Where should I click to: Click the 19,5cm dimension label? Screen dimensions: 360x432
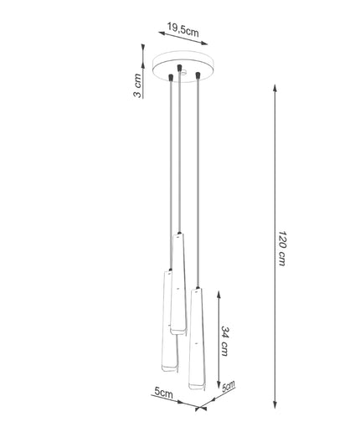coord(183,29)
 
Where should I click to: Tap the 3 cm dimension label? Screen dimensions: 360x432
coord(137,85)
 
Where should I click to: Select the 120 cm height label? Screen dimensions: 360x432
coord(282,248)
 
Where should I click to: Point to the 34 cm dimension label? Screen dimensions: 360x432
coord(225,341)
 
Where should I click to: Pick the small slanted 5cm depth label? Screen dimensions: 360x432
coord(229,386)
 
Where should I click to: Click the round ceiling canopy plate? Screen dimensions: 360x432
coord(183,66)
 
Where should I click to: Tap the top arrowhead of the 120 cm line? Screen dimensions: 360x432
coord(275,88)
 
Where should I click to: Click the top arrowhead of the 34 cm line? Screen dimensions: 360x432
coord(219,296)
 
